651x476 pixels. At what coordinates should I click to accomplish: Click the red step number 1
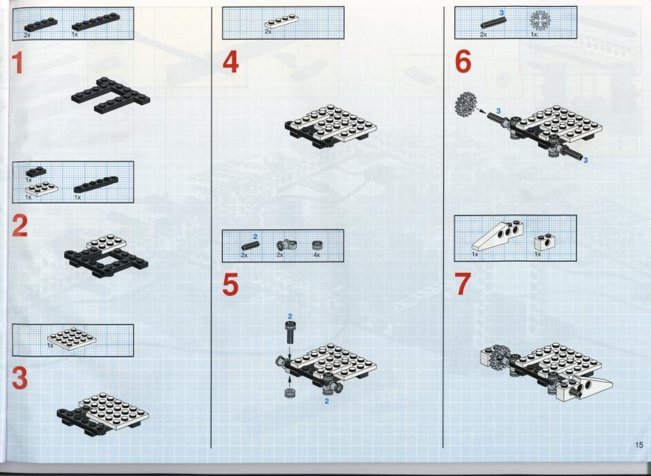[17, 64]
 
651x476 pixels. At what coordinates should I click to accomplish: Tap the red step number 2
[20, 226]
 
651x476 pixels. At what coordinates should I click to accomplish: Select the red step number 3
[20, 378]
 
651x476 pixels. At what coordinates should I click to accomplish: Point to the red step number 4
[231, 63]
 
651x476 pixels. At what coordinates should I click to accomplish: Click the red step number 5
[230, 285]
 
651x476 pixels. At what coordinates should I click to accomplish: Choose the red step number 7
[463, 284]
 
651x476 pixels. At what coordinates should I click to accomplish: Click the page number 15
[639, 445]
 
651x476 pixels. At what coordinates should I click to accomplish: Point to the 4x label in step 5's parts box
[317, 255]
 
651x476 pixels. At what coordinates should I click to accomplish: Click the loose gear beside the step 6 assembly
[464, 103]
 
